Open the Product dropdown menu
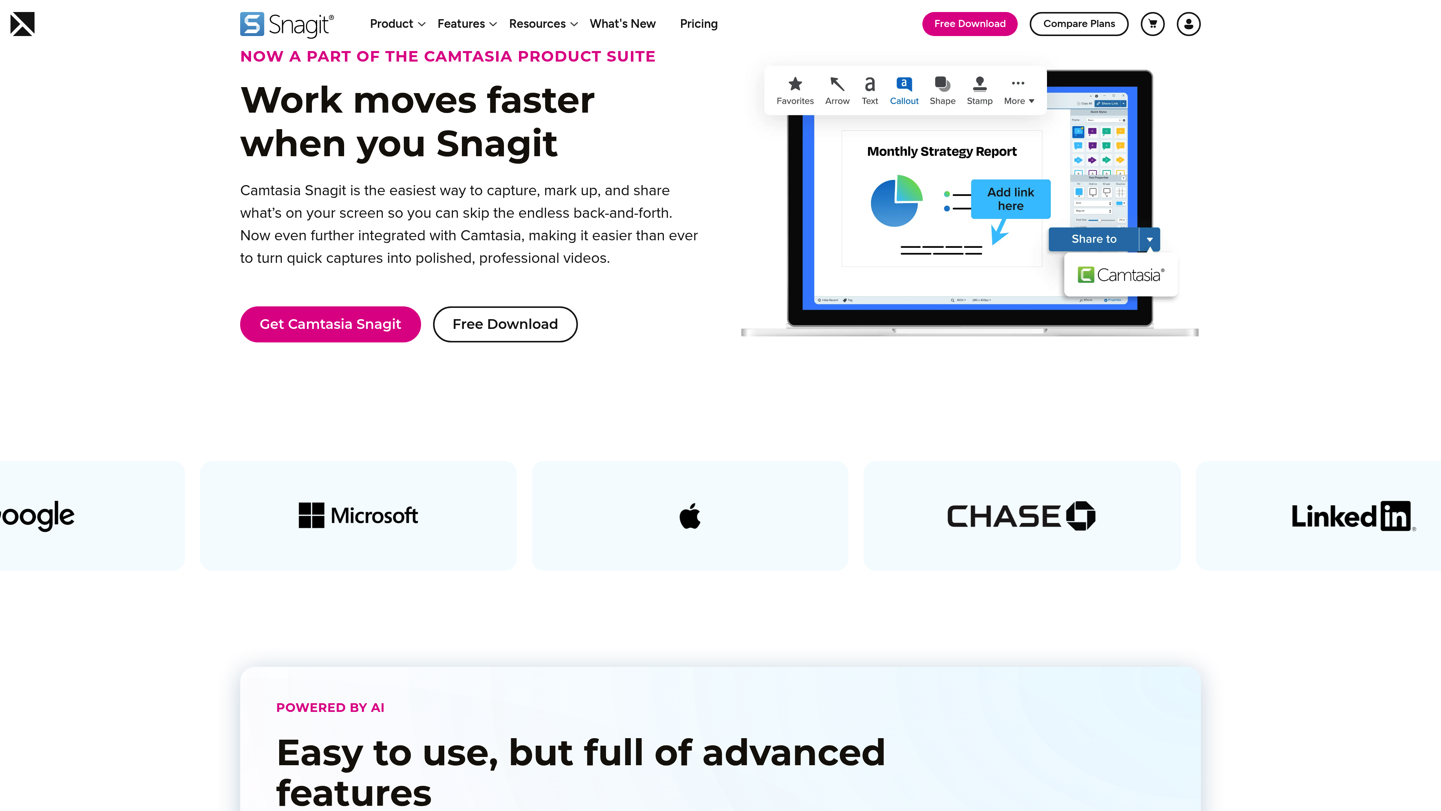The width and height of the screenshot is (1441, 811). pos(397,24)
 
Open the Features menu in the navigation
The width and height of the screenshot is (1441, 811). pos(466,24)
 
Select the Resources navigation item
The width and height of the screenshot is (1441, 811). pos(543,24)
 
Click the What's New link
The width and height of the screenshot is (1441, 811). pos(622,24)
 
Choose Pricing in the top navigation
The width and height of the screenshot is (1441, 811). pos(698,24)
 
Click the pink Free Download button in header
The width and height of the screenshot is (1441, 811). pos(969,24)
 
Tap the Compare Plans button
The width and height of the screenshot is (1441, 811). pos(1078,24)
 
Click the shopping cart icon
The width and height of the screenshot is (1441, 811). pos(1152,24)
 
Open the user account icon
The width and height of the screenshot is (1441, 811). pos(1188,24)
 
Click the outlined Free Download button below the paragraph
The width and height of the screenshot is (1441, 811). pos(505,324)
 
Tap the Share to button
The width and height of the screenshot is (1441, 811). pos(1094,239)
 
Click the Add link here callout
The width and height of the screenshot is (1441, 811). pos(1010,199)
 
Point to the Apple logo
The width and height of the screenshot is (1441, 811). pos(690,516)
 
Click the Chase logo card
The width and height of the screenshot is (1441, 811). pos(1021,516)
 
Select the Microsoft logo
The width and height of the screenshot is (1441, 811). pos(358,516)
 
